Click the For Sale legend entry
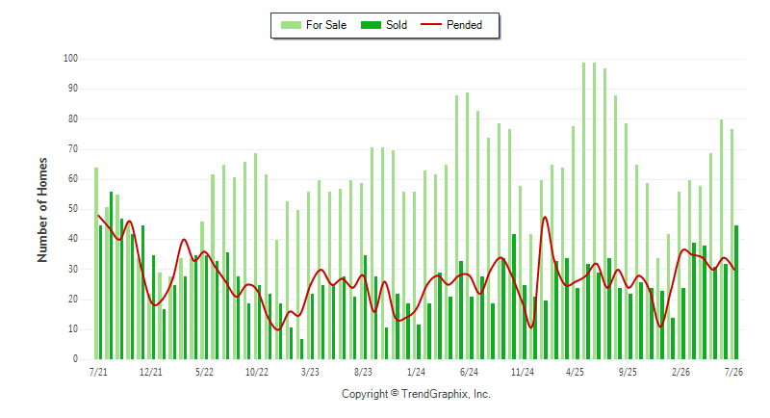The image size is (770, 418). [x=314, y=25]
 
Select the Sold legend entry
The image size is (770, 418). [x=383, y=25]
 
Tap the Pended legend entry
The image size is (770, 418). [x=451, y=25]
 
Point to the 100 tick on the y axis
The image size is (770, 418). [x=70, y=59]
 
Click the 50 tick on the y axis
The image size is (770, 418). [x=73, y=209]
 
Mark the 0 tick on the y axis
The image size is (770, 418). [x=75, y=359]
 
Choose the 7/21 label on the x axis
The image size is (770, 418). [x=98, y=372]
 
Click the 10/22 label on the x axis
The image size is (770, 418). [x=257, y=372]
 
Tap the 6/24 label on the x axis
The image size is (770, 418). [x=469, y=372]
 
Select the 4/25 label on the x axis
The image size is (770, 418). [x=575, y=372]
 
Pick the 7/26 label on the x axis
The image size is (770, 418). [x=733, y=372]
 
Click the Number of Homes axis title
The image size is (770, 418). [x=42, y=210]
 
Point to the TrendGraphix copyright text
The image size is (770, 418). [x=416, y=394]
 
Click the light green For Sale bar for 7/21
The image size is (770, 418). [x=96, y=263]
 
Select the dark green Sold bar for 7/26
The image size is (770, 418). [x=736, y=292]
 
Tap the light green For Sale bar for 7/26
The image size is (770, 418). [x=731, y=244]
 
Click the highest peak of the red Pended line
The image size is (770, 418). [x=545, y=217]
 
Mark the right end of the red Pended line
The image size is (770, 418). [x=734, y=269]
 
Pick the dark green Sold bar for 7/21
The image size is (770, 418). [x=101, y=292]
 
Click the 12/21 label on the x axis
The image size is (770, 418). [x=151, y=372]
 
